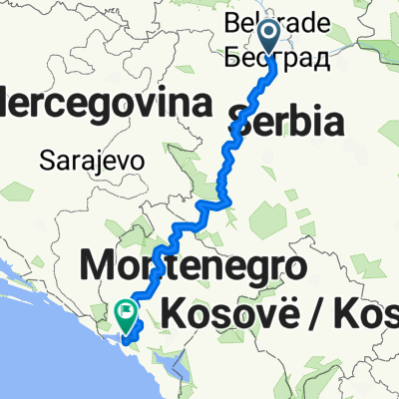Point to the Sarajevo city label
coord(93,159)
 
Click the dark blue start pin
coord(270,41)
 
